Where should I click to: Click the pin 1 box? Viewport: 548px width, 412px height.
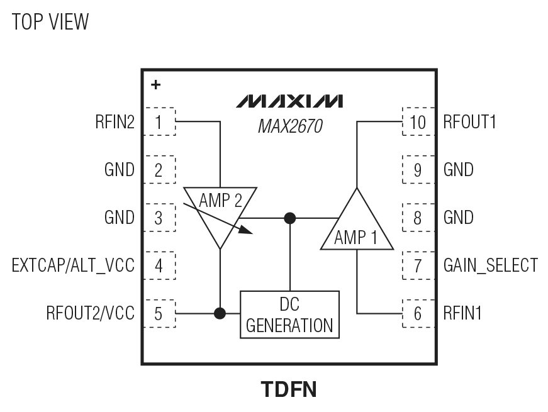click(159, 122)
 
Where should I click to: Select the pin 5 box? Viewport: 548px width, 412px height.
click(159, 313)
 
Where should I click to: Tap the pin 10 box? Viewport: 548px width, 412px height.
click(416, 122)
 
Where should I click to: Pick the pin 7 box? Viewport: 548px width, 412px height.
click(416, 265)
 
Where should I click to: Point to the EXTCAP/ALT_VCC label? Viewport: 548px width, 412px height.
click(74, 265)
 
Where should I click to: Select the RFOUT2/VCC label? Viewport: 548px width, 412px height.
click(90, 313)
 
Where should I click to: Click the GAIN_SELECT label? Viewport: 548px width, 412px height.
click(490, 265)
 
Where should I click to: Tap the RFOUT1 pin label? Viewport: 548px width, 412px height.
click(469, 122)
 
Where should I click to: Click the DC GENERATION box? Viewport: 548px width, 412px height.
click(289, 314)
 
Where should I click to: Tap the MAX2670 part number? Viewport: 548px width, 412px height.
click(290, 128)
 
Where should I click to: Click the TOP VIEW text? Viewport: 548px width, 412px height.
click(50, 22)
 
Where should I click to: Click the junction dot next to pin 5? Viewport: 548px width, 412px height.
click(220, 313)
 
